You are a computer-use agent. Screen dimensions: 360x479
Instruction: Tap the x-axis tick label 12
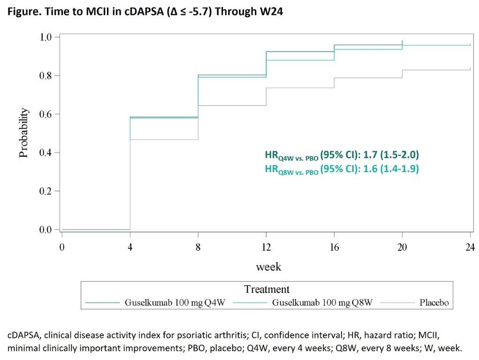[x=266, y=247]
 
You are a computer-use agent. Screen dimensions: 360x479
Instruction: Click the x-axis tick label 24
[x=471, y=247]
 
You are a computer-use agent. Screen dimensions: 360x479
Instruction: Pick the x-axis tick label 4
[x=130, y=247]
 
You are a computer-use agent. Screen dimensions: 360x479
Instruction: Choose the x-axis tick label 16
[x=335, y=247]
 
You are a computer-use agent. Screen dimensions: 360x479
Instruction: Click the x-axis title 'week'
[x=268, y=267]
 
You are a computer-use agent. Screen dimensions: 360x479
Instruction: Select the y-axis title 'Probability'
[x=24, y=133]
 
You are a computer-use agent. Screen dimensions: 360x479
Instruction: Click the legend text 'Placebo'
[x=433, y=303]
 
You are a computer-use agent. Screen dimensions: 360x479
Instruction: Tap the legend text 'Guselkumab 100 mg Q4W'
[x=175, y=303]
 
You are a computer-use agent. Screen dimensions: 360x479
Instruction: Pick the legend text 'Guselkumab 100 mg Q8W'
[x=322, y=303]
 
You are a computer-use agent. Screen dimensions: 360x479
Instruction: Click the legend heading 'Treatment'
[x=267, y=289]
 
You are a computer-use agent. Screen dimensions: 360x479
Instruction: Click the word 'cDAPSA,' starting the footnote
[x=23, y=336]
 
